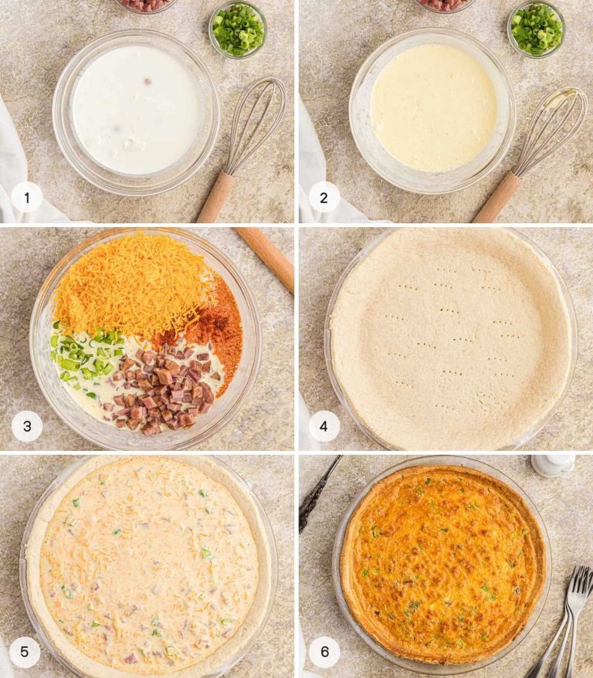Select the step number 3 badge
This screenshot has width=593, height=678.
coord(27,425)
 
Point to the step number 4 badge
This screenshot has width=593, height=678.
coord(324,425)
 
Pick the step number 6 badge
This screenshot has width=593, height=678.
coord(324,653)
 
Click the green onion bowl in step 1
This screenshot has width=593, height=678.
coord(238,29)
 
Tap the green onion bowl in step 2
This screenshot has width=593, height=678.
coord(536,29)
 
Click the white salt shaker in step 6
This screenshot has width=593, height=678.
coord(552,466)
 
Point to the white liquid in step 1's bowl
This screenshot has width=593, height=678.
coord(136,108)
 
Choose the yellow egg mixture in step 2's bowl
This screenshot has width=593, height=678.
coord(432,108)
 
